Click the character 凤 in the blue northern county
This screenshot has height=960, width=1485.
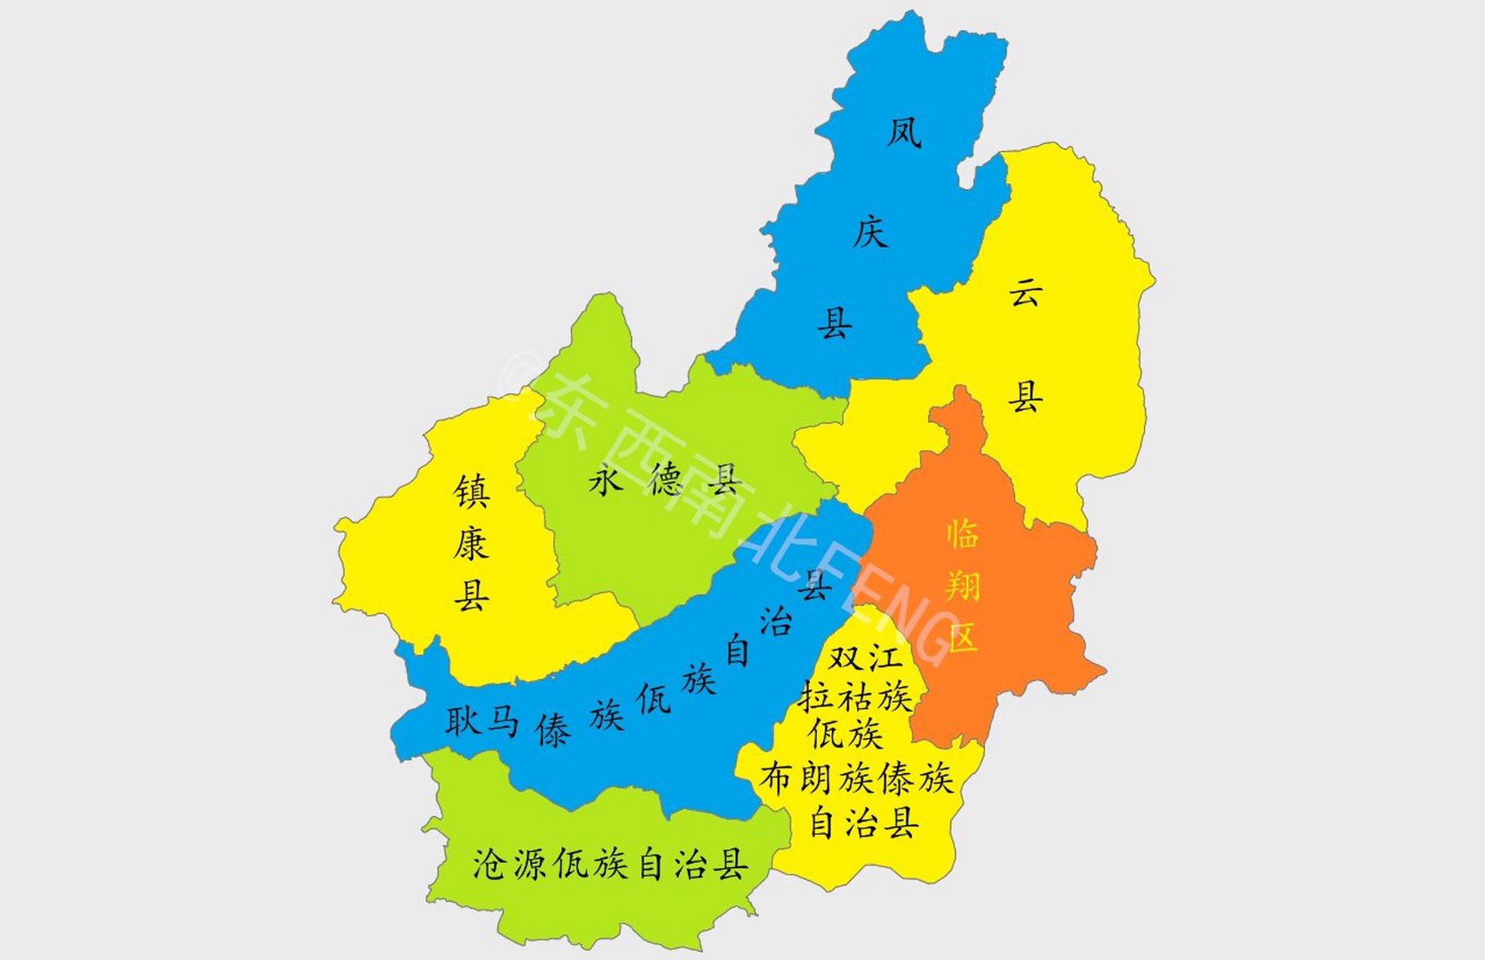tap(903, 133)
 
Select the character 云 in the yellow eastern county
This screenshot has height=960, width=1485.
tap(1025, 291)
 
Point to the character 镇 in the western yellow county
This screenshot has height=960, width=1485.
tap(472, 492)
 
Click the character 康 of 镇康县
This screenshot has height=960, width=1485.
tap(472, 544)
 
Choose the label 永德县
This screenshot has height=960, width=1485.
tap(665, 480)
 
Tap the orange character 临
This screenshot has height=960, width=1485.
tap(963, 534)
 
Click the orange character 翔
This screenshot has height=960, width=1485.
tap(963, 585)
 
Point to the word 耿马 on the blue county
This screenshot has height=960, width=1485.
tap(481, 721)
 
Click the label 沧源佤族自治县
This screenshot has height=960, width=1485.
tap(610, 864)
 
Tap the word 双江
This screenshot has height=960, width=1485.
tap(864, 658)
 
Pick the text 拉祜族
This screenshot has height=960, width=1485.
tap(855, 697)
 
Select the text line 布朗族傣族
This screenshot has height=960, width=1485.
tap(856, 778)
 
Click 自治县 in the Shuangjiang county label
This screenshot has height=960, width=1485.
tap(864, 823)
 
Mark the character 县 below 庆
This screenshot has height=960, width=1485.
tap(834, 324)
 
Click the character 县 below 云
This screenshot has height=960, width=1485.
tap(1025, 396)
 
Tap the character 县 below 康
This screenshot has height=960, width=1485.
tap(472, 595)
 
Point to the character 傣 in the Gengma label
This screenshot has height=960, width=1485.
tap(553, 730)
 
